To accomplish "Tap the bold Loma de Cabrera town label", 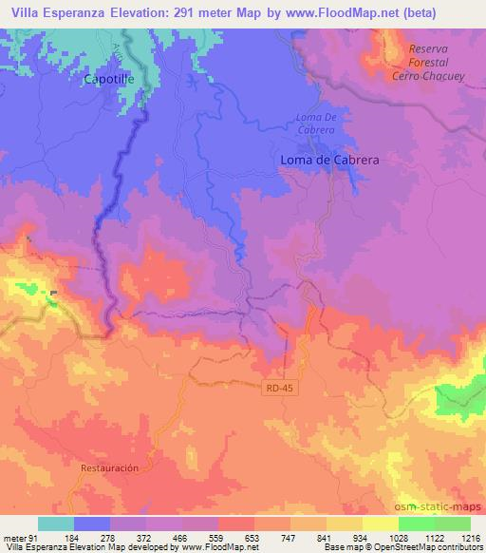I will click(329, 161).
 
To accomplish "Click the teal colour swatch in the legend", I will click(56, 524).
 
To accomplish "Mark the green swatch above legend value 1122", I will click(415, 524).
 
